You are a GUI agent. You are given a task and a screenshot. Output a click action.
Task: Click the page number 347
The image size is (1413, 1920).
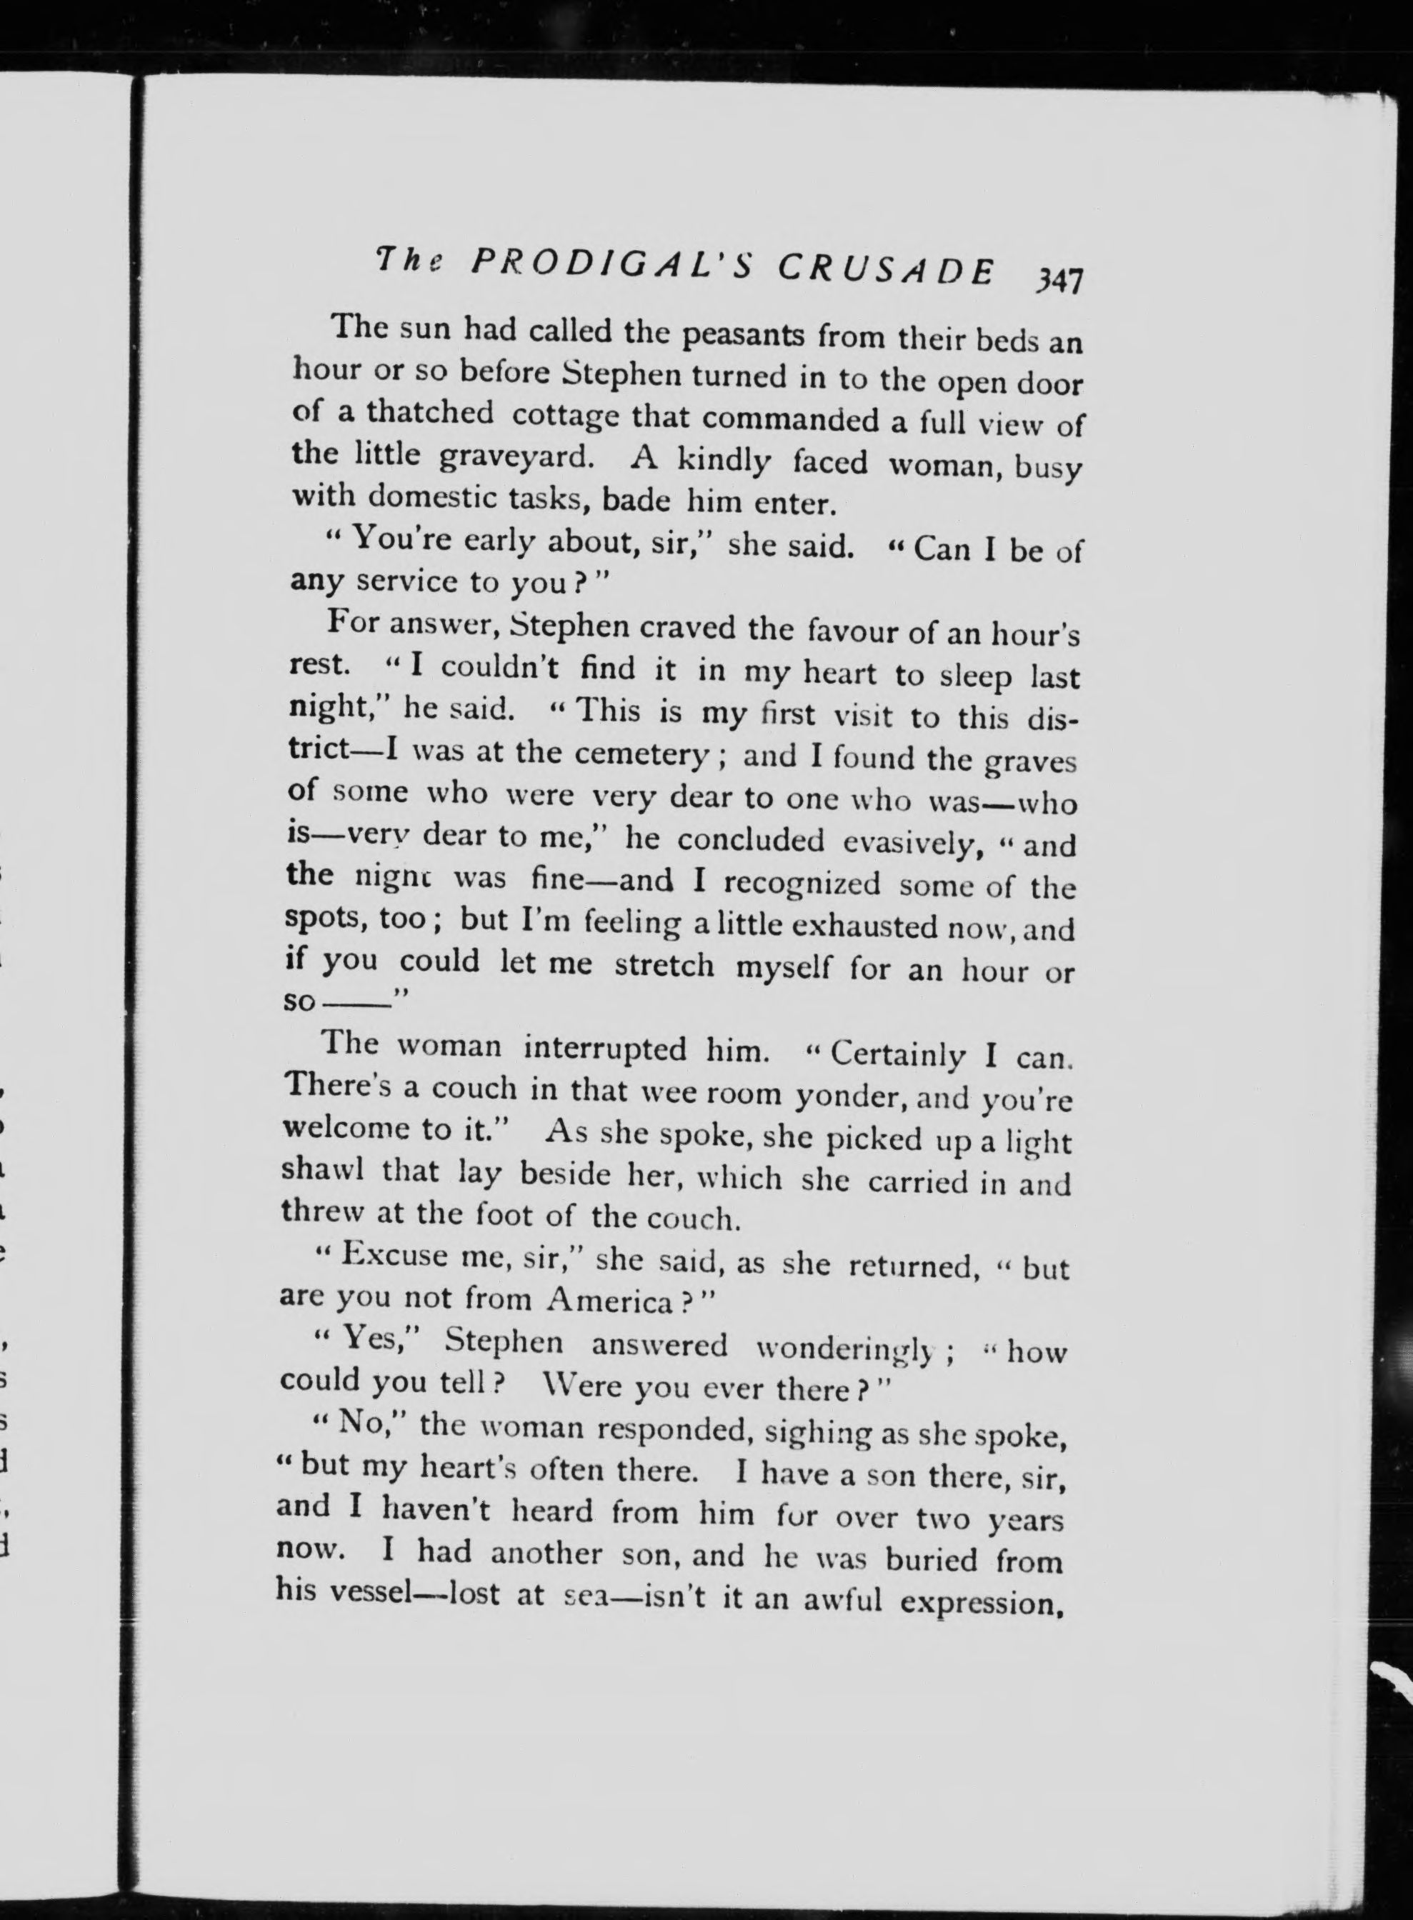[1058, 281]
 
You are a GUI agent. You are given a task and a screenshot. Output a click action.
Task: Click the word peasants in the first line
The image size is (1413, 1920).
[742, 334]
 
